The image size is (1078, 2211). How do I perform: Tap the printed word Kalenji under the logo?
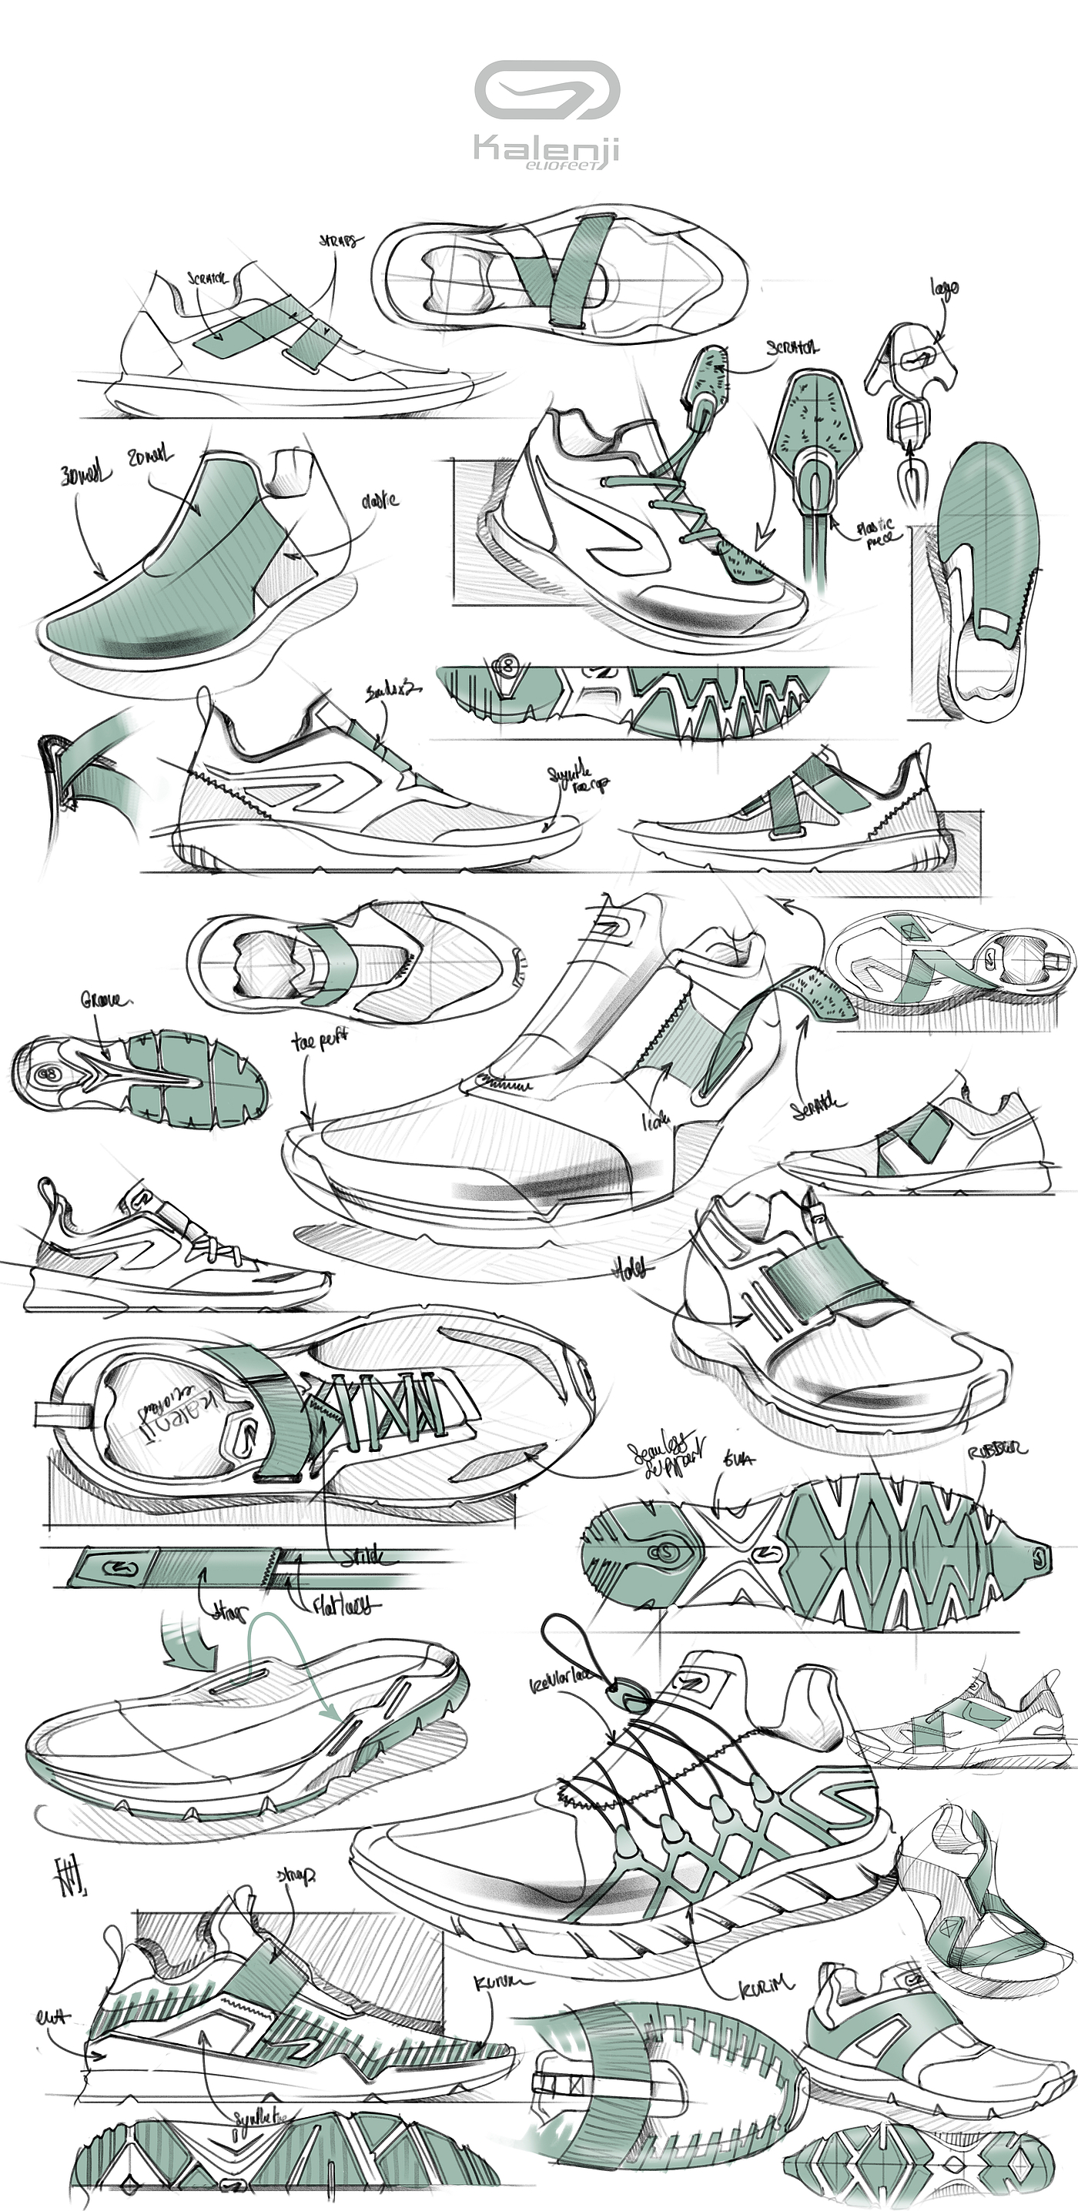coord(546,149)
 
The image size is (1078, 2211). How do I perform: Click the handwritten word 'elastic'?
coord(380,500)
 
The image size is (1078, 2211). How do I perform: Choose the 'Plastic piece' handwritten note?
coord(876,532)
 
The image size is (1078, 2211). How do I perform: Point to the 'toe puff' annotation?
coord(320,1041)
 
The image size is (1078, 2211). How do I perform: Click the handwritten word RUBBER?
coord(996,1451)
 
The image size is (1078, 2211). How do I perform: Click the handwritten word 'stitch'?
coord(364,1556)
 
